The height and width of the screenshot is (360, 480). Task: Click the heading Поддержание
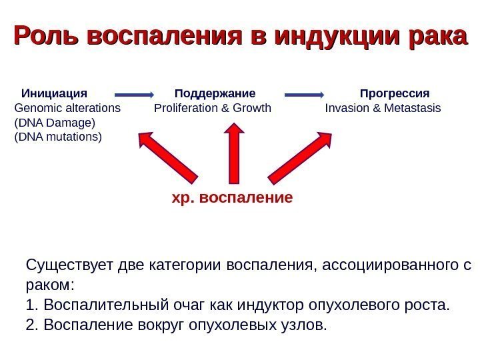point(215,92)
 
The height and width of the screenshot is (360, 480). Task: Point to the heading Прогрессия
point(395,92)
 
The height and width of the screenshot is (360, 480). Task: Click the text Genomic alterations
point(67,107)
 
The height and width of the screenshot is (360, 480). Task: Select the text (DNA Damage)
point(55,123)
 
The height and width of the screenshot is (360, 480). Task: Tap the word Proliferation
point(184,107)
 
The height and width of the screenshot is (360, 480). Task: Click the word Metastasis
point(414,107)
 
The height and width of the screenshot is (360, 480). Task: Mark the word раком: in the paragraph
point(51,286)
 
